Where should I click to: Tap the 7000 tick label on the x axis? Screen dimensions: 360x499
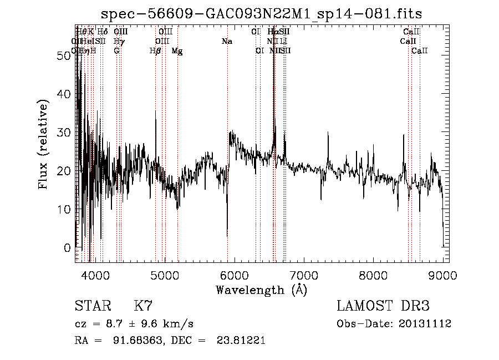click(x=303, y=275)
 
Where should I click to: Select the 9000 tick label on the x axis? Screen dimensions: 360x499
click(x=442, y=275)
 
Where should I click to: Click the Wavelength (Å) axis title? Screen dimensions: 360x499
click(x=261, y=290)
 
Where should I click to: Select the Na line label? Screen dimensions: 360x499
click(x=227, y=42)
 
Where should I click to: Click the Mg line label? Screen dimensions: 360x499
click(x=177, y=51)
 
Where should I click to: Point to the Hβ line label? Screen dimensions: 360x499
click(x=155, y=51)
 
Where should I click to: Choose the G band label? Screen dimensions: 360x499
click(x=116, y=51)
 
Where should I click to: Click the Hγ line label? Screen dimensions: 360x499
click(x=118, y=42)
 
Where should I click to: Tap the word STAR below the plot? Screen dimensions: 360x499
click(x=91, y=306)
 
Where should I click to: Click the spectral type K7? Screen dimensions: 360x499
click(x=143, y=306)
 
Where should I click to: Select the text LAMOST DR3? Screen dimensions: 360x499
click(x=383, y=306)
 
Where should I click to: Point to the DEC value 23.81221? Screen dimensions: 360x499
click(x=242, y=341)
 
